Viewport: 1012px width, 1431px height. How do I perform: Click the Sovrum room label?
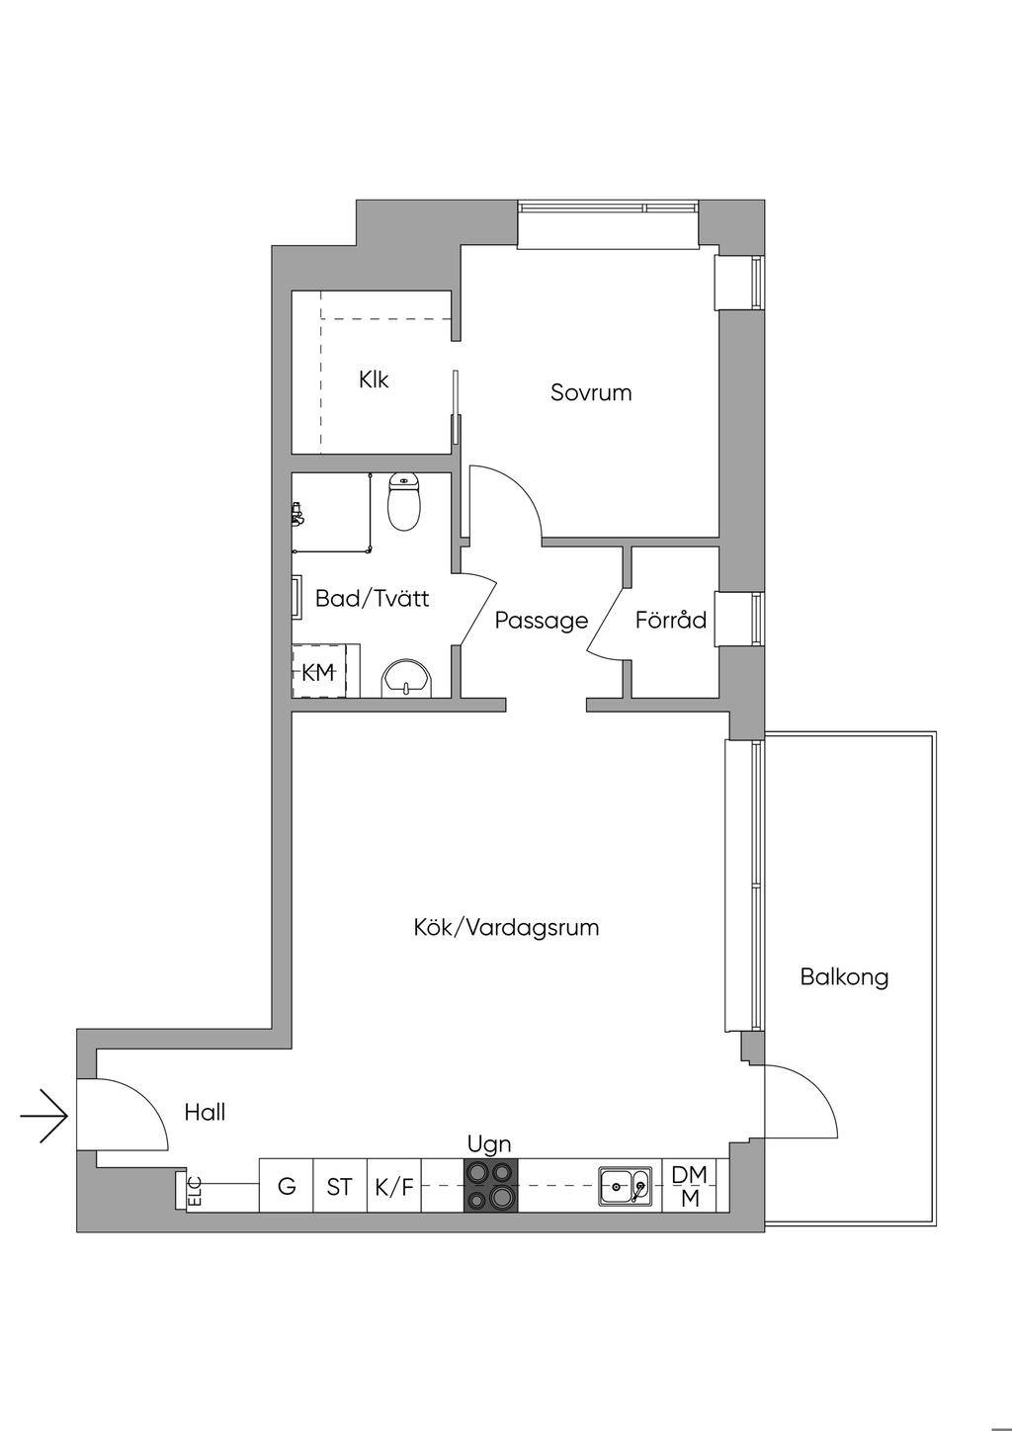click(x=591, y=392)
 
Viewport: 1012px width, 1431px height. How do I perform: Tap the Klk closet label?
click(x=375, y=379)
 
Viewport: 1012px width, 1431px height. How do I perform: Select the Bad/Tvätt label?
click(x=372, y=598)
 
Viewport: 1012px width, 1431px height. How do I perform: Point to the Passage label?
click(x=541, y=621)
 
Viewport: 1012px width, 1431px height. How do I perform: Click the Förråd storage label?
click(x=671, y=621)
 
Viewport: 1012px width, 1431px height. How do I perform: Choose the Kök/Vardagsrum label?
click(x=506, y=928)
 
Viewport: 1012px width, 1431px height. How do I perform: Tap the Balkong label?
click(x=844, y=977)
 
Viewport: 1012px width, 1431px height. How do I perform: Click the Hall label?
click(x=205, y=1113)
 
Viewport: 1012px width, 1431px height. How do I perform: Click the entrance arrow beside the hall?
click(x=44, y=1116)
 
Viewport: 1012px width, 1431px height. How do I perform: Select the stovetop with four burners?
click(x=491, y=1185)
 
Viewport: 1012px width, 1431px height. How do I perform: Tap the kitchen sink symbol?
click(x=626, y=1185)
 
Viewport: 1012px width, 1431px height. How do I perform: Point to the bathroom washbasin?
click(x=407, y=678)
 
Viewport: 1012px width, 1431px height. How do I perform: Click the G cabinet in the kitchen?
click(x=287, y=1186)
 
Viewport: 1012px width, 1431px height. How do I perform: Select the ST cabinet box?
click(x=340, y=1186)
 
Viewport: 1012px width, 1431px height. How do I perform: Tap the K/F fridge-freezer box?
click(x=394, y=1186)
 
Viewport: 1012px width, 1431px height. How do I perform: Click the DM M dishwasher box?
click(x=689, y=1186)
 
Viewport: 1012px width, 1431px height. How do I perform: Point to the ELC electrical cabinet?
click(x=195, y=1191)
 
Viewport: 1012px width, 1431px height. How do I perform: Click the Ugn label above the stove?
click(x=489, y=1144)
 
